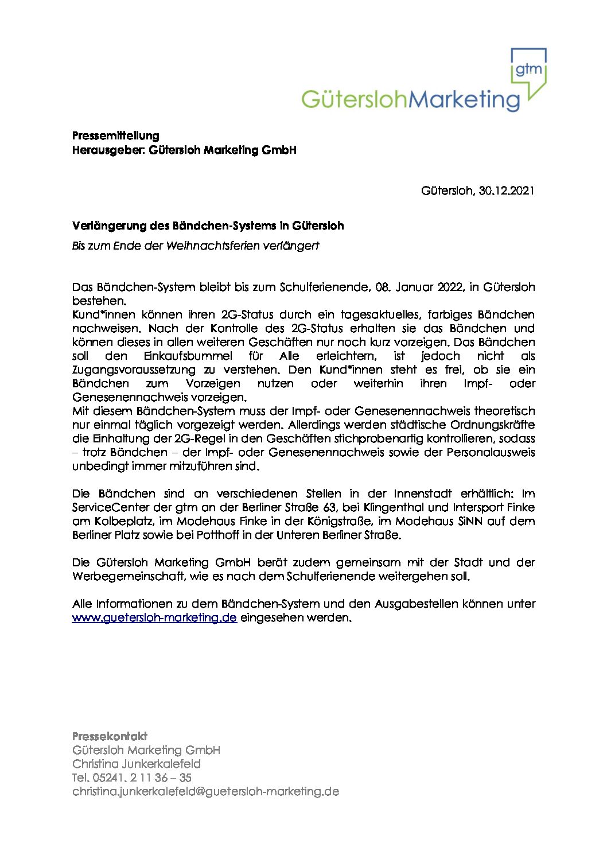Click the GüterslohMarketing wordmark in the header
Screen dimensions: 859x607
[410, 99]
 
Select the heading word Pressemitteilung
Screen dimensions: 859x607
[115, 135]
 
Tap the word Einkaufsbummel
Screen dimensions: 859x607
[188, 356]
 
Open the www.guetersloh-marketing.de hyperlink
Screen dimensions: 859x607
[154, 618]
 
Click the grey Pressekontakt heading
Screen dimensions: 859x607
[110, 736]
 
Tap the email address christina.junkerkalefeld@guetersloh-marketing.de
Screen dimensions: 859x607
[205, 791]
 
